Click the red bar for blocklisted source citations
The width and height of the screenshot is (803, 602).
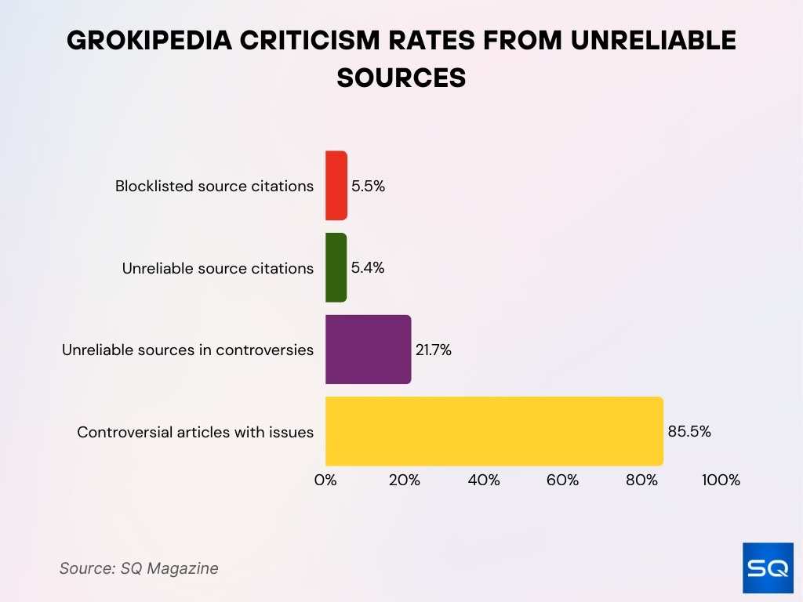tap(336, 186)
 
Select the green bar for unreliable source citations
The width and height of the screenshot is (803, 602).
tap(336, 267)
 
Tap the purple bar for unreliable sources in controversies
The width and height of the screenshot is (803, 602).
tap(368, 350)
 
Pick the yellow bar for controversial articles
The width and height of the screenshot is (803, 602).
tap(494, 431)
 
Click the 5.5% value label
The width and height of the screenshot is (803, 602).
tap(369, 187)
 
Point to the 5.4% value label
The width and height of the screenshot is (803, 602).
tap(368, 268)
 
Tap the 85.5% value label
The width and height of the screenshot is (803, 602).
tap(689, 431)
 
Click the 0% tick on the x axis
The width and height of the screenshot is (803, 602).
tap(325, 481)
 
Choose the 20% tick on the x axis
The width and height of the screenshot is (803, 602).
tap(405, 481)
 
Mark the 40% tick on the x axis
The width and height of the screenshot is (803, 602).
tap(484, 481)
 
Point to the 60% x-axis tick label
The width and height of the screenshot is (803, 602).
tap(562, 481)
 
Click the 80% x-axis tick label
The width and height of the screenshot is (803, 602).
tap(641, 481)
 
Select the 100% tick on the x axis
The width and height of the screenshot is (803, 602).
tap(720, 481)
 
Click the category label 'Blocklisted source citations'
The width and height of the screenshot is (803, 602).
tap(214, 187)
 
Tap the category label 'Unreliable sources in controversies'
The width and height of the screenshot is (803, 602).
tap(188, 350)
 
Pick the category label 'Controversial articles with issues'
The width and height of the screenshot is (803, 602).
tap(195, 432)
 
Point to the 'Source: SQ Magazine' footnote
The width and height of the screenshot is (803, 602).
tap(139, 568)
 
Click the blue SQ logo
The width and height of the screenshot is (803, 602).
tap(768, 568)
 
